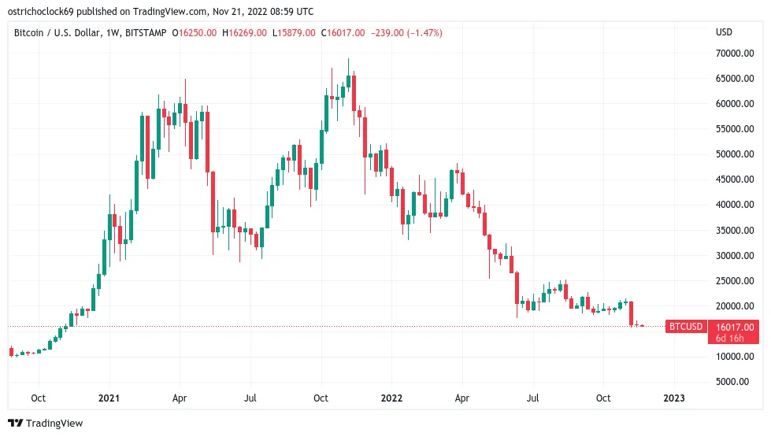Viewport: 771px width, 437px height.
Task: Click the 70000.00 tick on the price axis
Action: click(x=734, y=54)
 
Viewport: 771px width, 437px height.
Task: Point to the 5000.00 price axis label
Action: click(x=736, y=382)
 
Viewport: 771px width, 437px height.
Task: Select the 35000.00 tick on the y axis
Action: click(x=734, y=231)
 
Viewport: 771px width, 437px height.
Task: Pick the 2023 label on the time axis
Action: click(x=674, y=398)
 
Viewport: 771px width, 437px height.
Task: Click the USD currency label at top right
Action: click(x=724, y=32)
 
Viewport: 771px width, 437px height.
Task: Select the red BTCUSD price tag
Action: click(x=684, y=326)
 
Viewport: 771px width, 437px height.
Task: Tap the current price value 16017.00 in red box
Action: click(x=735, y=327)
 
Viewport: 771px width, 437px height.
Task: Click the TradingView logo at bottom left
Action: click(x=46, y=424)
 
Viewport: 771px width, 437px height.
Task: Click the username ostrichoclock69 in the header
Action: click(x=46, y=10)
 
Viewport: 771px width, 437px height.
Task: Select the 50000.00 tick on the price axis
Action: click(x=734, y=154)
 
